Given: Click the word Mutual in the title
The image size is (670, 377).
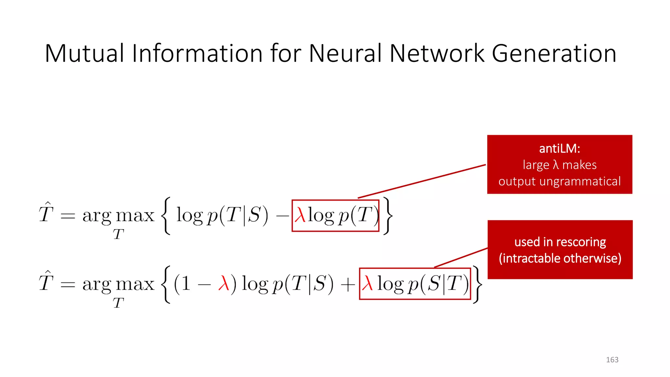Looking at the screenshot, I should pos(84,53).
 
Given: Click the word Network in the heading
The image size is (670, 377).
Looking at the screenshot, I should pos(437,53).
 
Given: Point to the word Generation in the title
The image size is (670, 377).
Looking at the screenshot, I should pos(554,53).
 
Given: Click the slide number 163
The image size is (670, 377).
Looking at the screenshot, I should pos(612,360).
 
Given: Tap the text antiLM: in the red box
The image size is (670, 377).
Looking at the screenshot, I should pos(559,149).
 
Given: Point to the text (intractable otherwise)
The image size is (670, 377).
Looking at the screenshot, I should pos(560,259).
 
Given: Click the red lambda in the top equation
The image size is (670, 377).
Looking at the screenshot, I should pos(300,215).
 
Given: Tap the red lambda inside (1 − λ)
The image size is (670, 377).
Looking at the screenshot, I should pos(224,283).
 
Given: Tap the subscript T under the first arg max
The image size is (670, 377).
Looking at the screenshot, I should pos(118,234).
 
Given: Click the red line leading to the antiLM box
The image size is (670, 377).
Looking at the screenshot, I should pos(422,181).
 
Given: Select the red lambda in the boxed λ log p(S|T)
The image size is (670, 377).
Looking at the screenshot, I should pos(368,283).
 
